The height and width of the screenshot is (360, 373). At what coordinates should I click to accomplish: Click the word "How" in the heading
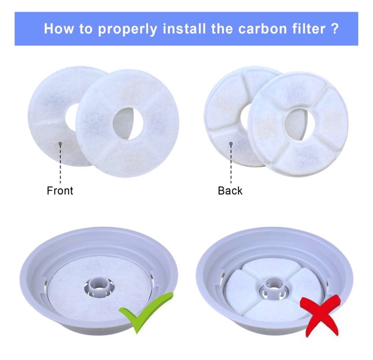[x=59, y=29]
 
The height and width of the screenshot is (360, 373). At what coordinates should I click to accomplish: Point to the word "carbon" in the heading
[x=263, y=29]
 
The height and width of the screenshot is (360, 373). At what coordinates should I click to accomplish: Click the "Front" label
[x=60, y=191]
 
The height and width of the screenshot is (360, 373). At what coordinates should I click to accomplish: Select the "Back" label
[x=230, y=191]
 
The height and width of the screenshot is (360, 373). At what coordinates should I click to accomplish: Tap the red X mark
[x=319, y=316]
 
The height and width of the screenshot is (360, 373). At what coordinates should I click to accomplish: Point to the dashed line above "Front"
[x=60, y=165]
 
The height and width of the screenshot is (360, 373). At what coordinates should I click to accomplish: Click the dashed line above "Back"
[x=231, y=165]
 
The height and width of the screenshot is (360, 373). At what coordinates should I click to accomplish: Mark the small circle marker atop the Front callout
[x=60, y=144]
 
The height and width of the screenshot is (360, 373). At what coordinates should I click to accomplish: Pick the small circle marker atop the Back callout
[x=231, y=144]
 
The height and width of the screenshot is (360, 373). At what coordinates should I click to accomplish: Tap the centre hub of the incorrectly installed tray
[x=274, y=287]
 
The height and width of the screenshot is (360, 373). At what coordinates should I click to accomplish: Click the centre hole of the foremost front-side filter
[x=128, y=123]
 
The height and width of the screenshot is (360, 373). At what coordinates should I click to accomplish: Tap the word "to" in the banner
[x=86, y=29]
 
